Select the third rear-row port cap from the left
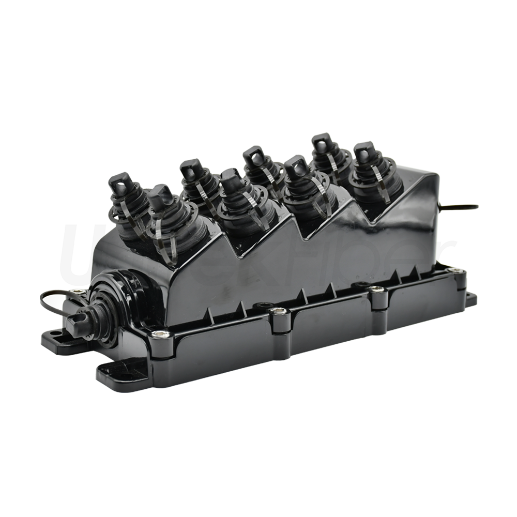(x=254, y=157)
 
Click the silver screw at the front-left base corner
(x=160, y=334)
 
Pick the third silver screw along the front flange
(x=378, y=290)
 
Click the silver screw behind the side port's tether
(x=78, y=293)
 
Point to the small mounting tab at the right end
(x=471, y=298)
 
